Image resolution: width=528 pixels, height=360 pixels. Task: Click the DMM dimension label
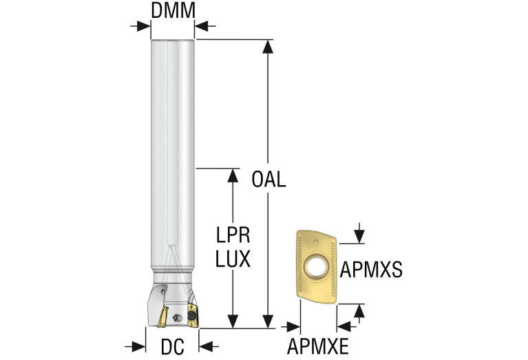(173, 10)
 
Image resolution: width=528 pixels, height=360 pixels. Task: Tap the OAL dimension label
(268, 180)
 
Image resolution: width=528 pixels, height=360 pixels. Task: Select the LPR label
(233, 235)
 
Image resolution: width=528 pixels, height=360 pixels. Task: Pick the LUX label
(233, 259)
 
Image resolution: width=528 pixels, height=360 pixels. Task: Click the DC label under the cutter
(172, 346)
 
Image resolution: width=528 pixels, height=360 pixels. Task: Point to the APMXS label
(371, 269)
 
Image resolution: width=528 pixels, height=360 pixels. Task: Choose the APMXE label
(317, 346)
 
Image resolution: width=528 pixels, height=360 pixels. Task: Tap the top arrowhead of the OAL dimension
(268, 47)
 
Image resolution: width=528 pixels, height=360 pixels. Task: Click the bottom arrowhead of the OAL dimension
(268, 321)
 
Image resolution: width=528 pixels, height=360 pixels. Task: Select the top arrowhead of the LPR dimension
(233, 176)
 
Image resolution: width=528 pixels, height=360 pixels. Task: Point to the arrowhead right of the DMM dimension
(202, 26)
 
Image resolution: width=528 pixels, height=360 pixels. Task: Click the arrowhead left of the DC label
(139, 346)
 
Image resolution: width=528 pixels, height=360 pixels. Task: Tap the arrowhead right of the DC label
(206, 346)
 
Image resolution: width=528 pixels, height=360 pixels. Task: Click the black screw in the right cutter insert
(191, 315)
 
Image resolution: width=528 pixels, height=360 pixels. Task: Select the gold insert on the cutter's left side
(163, 317)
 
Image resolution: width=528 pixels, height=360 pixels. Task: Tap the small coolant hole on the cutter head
(177, 317)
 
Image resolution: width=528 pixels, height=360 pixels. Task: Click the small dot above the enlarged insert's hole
(315, 242)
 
